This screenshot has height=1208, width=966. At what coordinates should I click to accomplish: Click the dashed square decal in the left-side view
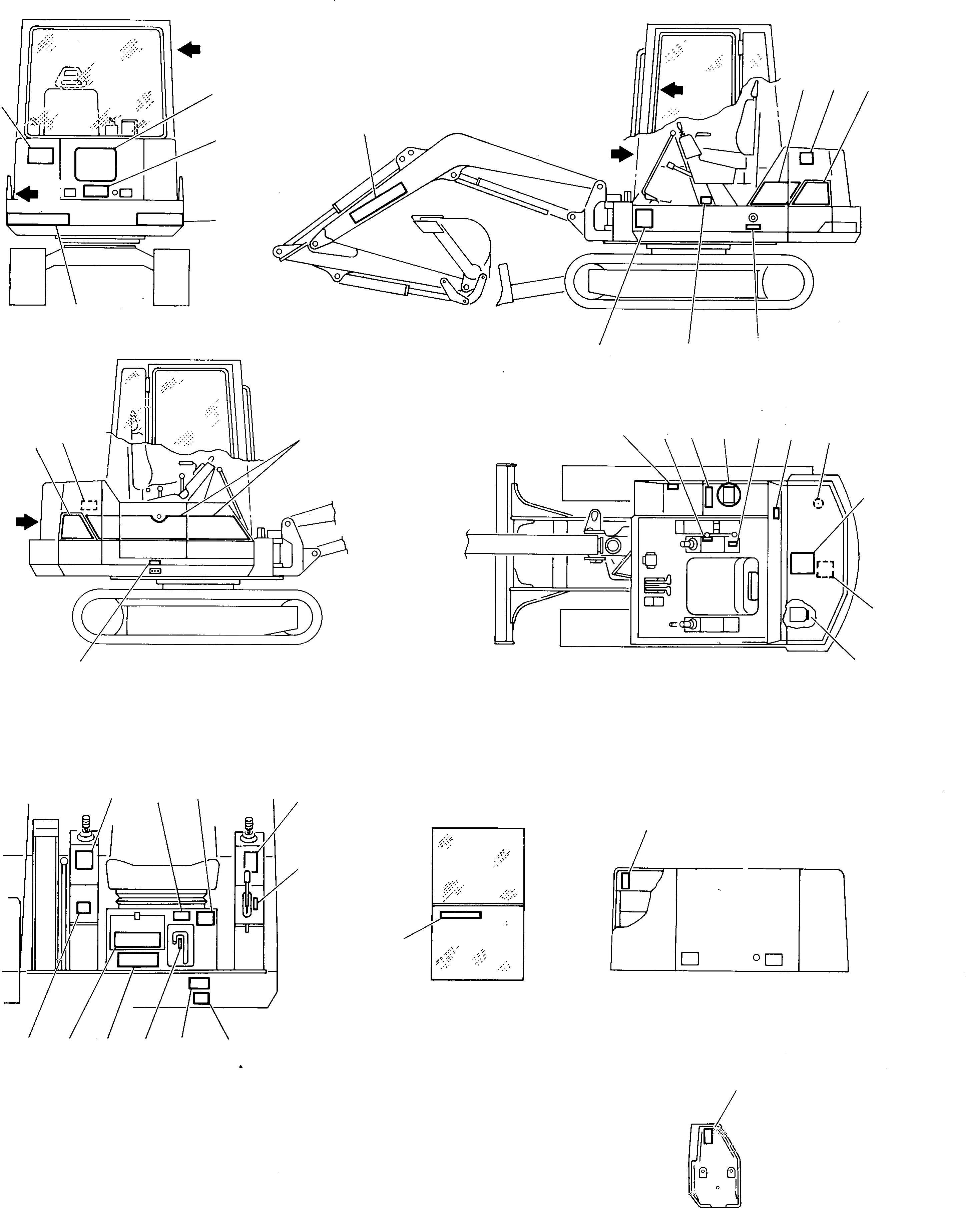coord(89,504)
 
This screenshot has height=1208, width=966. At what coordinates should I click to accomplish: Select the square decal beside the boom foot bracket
coord(644,218)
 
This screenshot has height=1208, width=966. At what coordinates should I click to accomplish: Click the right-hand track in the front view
coord(171,277)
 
